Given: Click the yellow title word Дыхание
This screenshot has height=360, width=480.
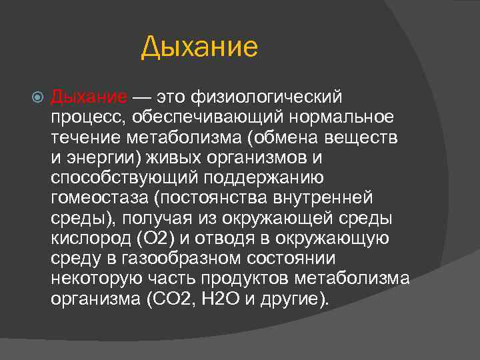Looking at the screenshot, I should pyautogui.click(x=199, y=48).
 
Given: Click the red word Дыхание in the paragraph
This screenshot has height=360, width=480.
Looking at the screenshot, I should pyautogui.click(x=89, y=97).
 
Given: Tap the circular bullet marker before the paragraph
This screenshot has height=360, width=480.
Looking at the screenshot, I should pyautogui.click(x=37, y=98).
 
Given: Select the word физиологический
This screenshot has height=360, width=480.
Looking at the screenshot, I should pyautogui.click(x=267, y=97).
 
